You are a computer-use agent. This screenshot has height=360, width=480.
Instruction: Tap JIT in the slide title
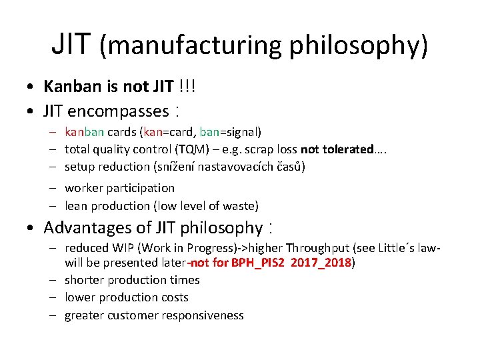coord(73,44)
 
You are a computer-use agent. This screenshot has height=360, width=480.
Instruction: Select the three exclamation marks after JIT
coord(189,86)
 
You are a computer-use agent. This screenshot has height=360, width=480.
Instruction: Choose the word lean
coord(76,206)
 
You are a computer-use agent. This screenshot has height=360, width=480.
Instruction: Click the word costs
coord(173,297)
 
